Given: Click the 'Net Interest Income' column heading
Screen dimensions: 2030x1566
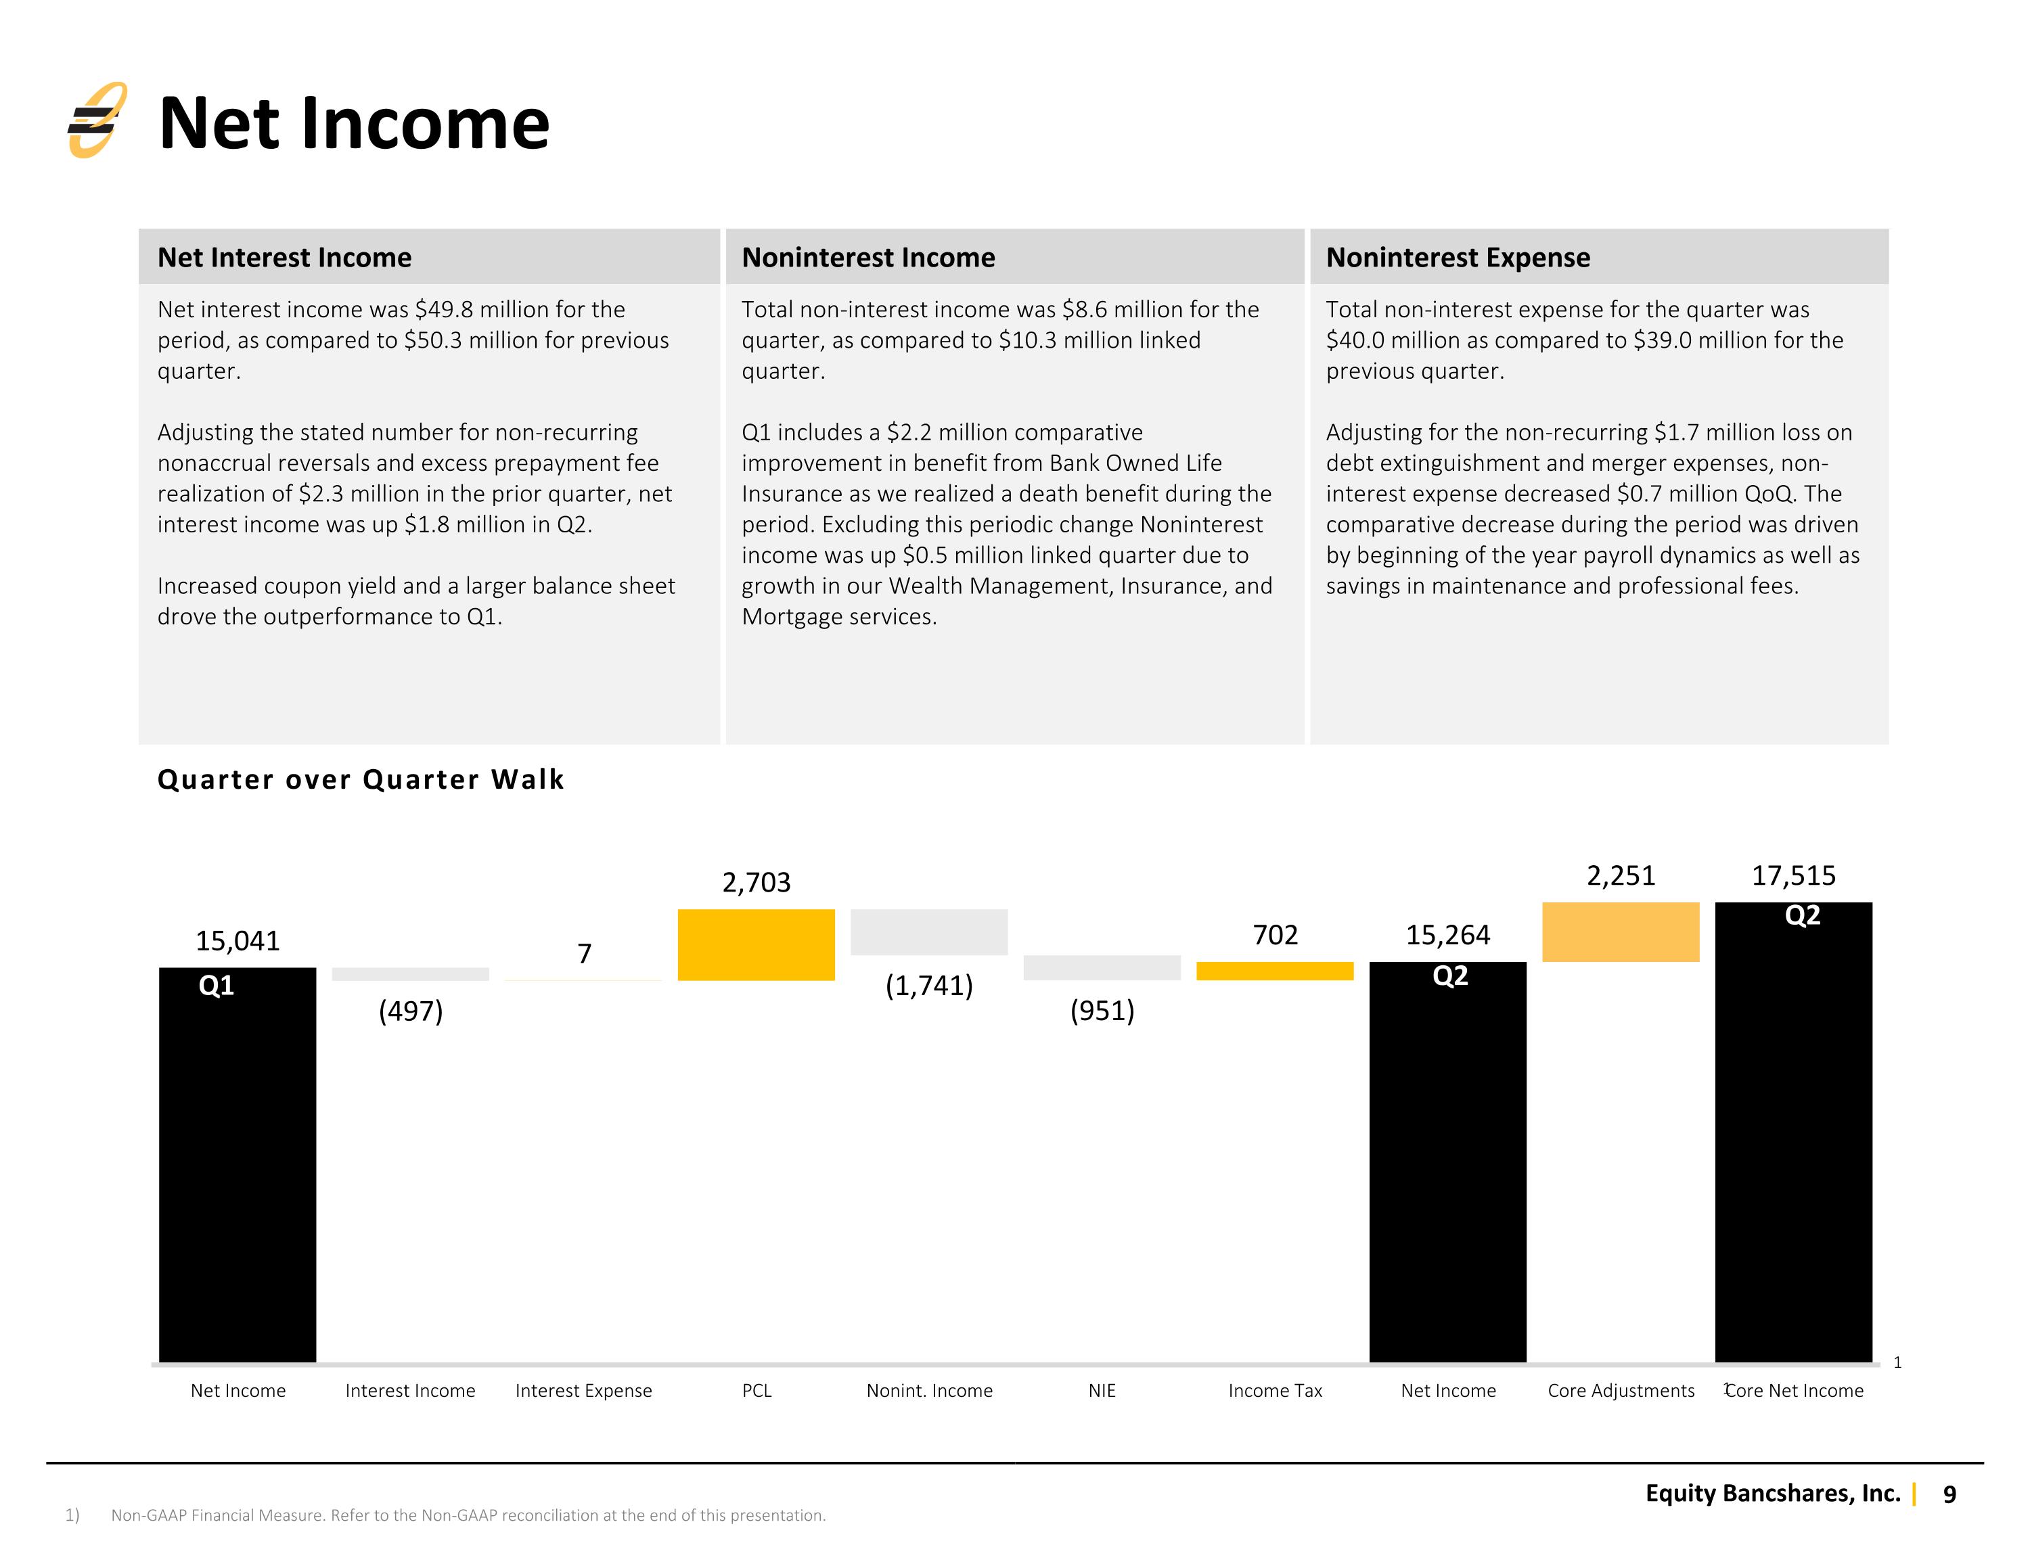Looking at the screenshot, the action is point(284,258).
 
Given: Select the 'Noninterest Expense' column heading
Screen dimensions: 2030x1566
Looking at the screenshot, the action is point(1458,258).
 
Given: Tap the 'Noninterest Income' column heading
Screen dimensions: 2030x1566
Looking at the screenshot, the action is point(868,258).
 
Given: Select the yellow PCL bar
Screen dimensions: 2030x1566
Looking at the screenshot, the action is point(756,944).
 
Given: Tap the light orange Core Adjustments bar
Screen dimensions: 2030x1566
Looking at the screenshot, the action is point(1620,932).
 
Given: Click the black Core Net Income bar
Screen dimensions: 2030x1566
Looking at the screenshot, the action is point(1793,1132).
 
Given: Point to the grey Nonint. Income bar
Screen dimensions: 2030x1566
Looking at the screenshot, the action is point(928,932).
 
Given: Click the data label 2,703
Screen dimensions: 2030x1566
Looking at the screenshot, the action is point(756,882).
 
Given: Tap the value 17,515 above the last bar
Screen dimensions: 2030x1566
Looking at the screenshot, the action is point(1793,875).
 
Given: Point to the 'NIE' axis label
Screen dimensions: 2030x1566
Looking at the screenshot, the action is point(1102,1390).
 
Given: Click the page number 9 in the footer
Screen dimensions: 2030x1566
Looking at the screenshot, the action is point(1949,1494).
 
